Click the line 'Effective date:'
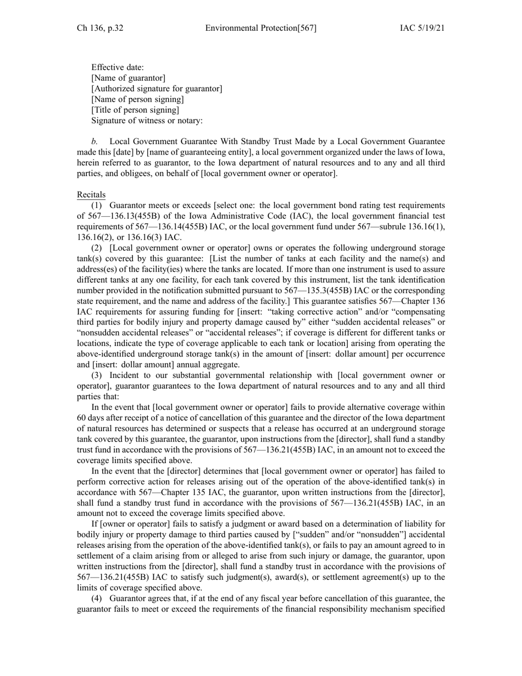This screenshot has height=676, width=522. pos(118,67)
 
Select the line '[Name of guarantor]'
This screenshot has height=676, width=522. pos(128,78)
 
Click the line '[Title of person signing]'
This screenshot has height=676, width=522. pos(135,110)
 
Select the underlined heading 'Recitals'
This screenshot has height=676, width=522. pos(91,195)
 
